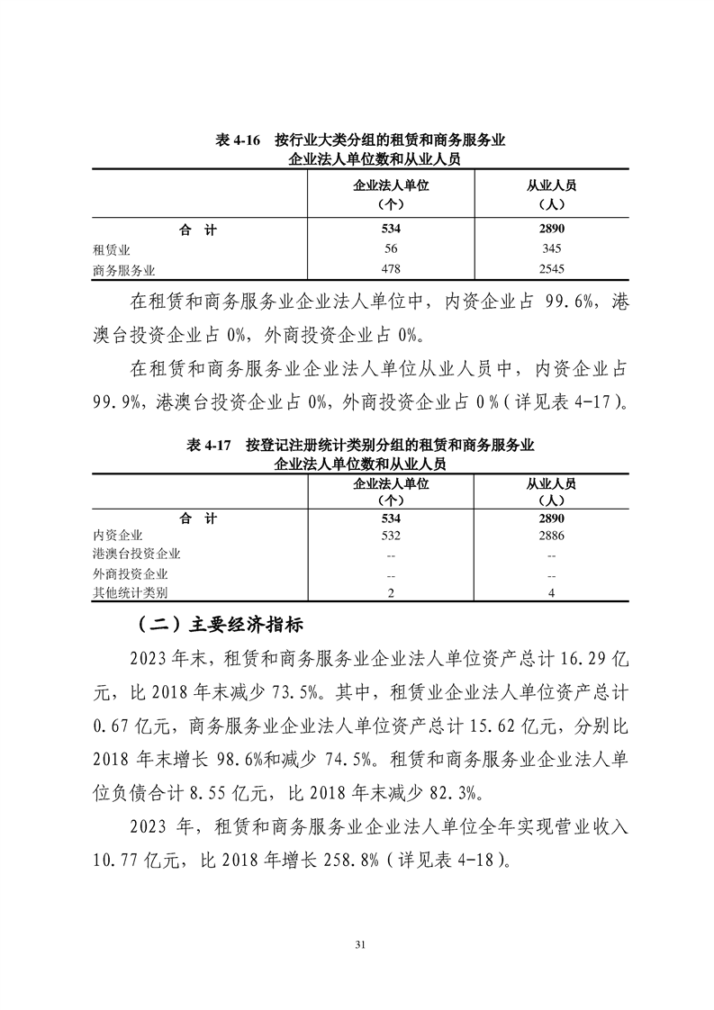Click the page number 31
[x=357, y=944]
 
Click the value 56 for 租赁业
[x=391, y=248]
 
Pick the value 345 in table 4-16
[x=550, y=248]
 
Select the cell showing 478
[x=391, y=268]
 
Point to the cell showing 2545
[x=550, y=268]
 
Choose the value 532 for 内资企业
[x=391, y=536]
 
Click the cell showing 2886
[x=550, y=536]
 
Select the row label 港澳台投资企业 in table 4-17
[x=137, y=555]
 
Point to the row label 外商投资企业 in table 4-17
[x=131, y=573]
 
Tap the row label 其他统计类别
[x=131, y=592]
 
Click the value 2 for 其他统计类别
[x=391, y=592]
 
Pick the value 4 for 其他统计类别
[x=550, y=592]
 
